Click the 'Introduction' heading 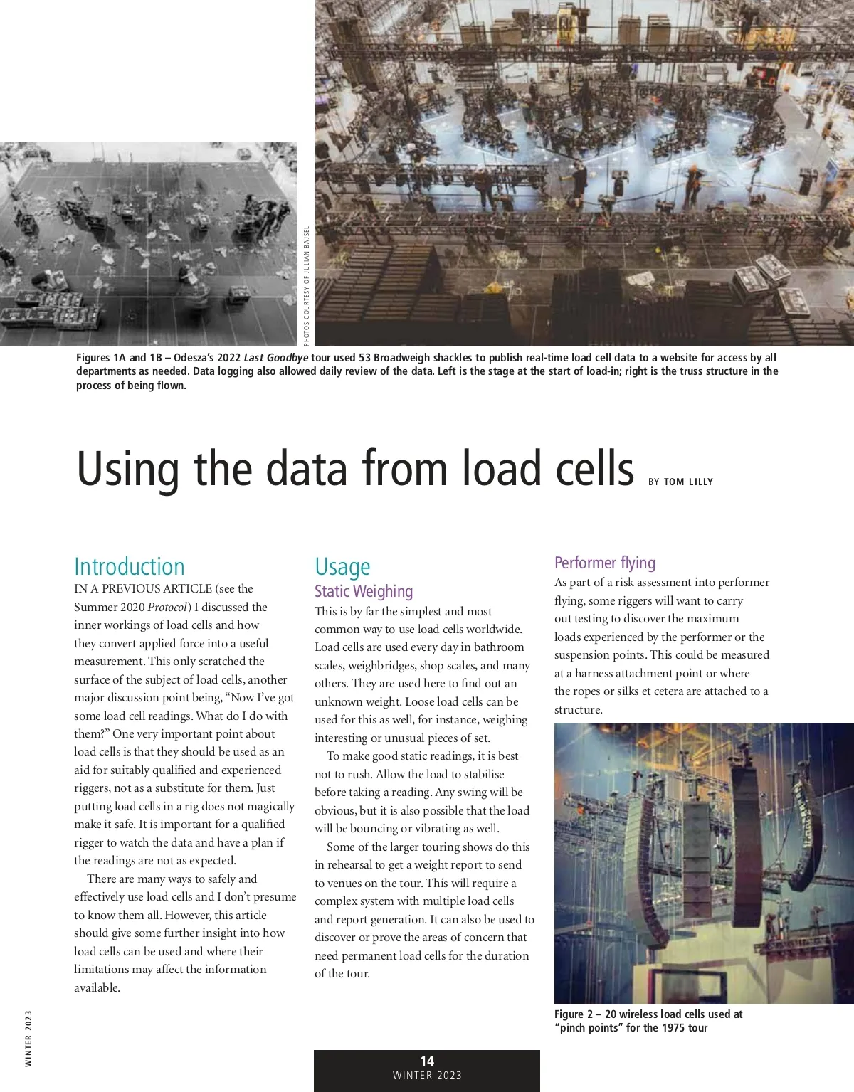pos(129,566)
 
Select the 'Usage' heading pos(342,566)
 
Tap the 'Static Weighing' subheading pos(364,591)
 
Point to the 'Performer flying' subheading pos(605,563)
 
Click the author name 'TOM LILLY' pos(688,482)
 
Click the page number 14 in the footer pos(427,1061)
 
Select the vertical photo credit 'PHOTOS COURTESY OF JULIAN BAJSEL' pos(307,283)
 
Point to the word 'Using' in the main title pos(128,470)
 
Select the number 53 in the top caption pos(364,358)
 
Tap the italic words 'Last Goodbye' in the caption pos(275,358)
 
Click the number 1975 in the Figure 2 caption pos(674,1028)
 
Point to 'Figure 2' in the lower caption pos(575,1014)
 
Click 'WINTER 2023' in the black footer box pos(427,1076)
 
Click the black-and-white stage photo pos(148,244)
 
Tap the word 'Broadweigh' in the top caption pos(403,358)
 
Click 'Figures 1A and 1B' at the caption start pos(120,358)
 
